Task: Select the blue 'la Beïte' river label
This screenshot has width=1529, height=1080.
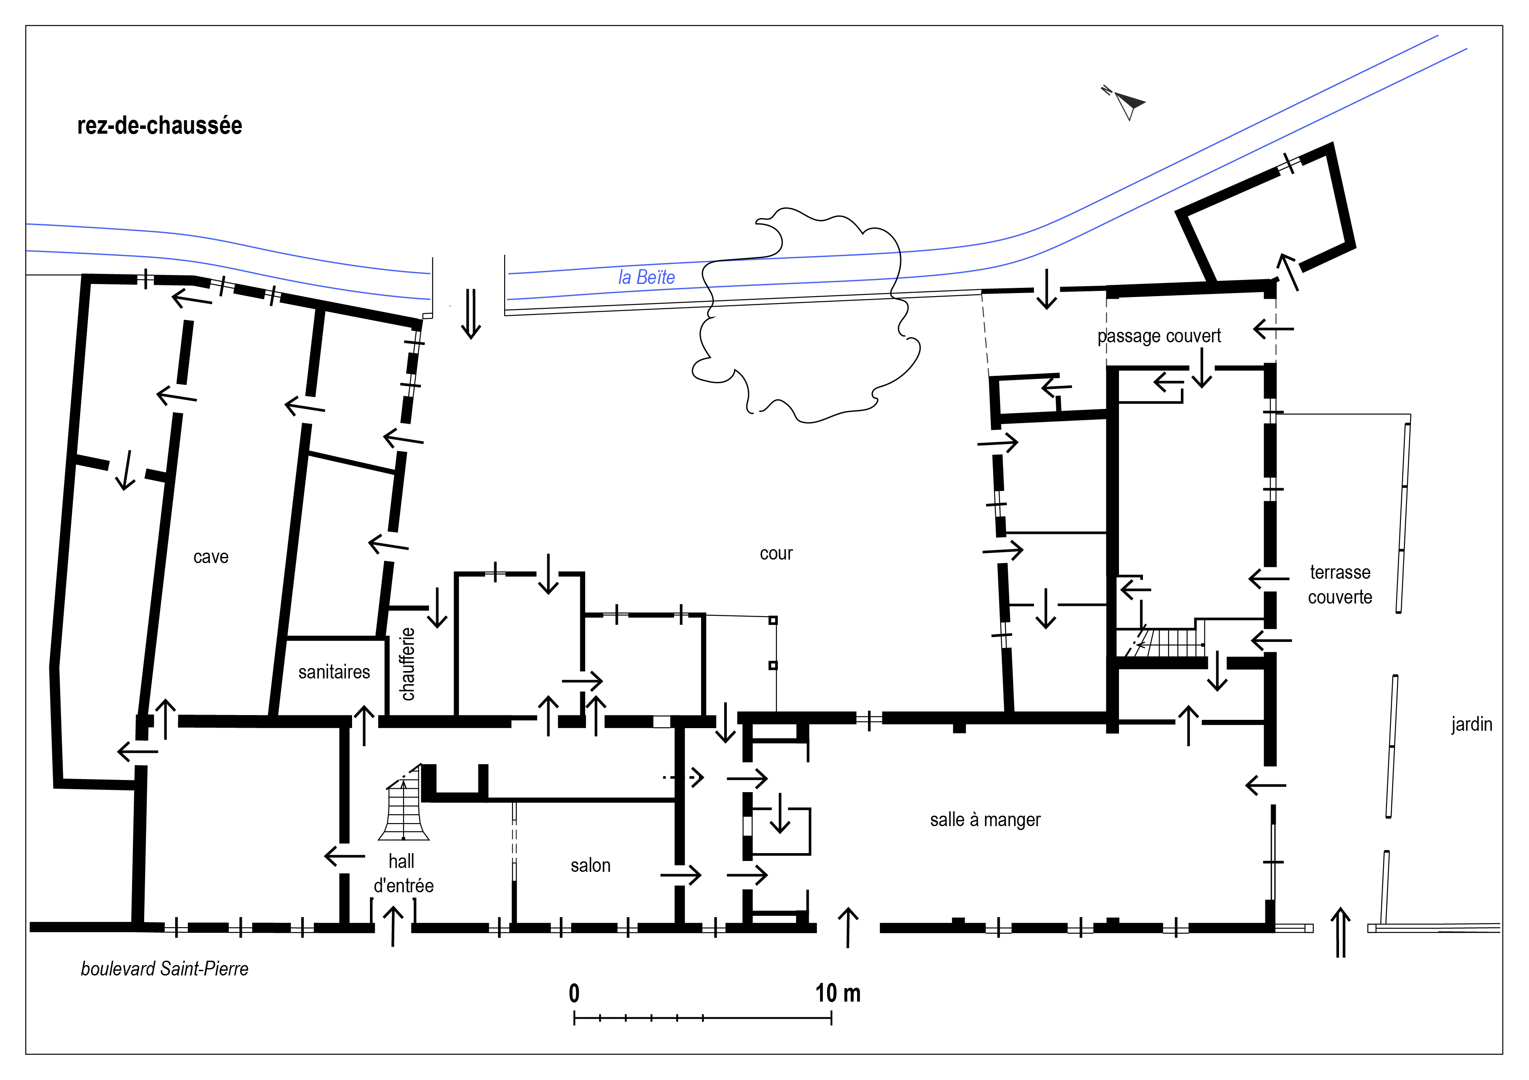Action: (647, 277)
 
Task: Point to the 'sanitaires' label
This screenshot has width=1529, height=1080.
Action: (334, 672)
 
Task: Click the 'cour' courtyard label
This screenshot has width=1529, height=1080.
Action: (776, 553)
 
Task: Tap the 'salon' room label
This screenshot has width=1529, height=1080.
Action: (590, 865)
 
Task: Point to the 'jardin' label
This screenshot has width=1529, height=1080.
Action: (1472, 724)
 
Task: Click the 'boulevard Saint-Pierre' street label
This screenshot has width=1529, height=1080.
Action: (164, 969)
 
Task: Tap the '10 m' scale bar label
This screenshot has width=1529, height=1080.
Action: (838, 993)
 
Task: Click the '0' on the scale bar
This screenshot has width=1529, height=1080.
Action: (574, 993)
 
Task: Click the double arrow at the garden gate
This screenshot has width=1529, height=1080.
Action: (1340, 932)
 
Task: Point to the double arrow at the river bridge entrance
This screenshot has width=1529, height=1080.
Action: (471, 314)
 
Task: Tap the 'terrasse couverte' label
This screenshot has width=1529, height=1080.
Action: (1340, 584)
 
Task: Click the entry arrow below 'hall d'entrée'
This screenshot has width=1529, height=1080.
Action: (393, 925)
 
